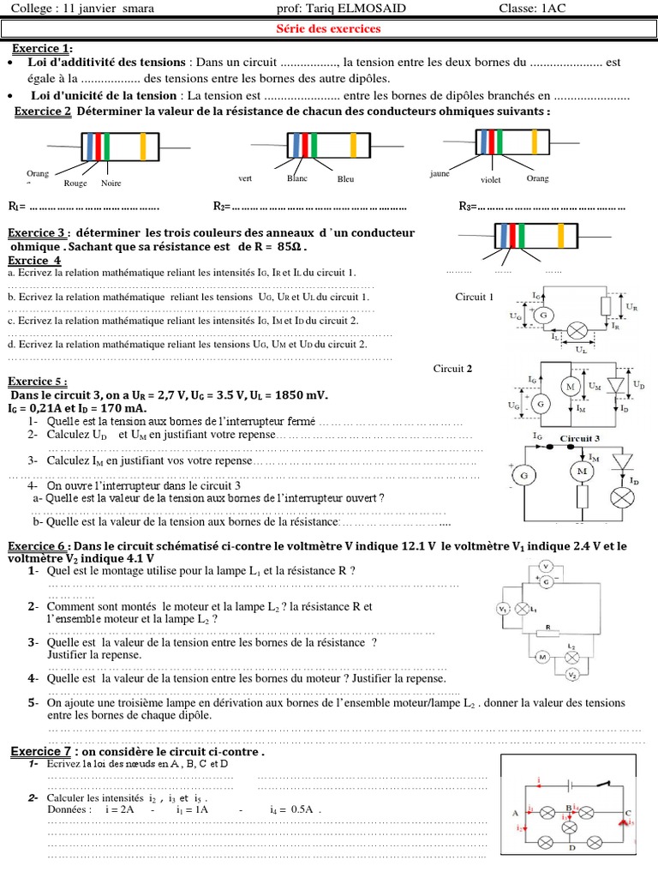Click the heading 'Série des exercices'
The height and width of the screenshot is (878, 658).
[329, 29]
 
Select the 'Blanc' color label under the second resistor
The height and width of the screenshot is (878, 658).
[297, 178]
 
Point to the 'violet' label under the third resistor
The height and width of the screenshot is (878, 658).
[491, 180]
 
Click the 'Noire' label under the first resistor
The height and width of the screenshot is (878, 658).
[111, 183]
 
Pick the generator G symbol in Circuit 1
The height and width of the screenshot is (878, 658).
[541, 316]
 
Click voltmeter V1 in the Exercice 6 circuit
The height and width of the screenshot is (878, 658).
[503, 609]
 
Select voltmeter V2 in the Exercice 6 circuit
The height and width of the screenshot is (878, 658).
[571, 676]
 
